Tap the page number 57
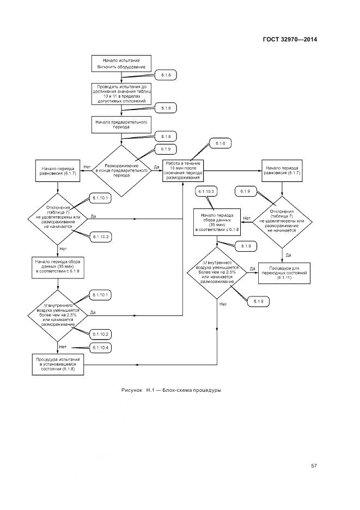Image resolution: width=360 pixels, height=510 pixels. [x=314, y=465]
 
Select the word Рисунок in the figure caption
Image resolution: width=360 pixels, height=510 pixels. [x=133, y=390]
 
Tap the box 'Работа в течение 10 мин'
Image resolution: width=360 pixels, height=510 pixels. [x=183, y=170]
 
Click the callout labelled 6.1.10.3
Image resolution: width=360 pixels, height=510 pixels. [x=207, y=191]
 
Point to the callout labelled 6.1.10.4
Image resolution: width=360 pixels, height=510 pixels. [x=100, y=348]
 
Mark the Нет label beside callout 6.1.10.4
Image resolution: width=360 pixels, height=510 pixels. [x=62, y=347]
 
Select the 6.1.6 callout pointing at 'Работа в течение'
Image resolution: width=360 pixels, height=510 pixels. [x=220, y=144]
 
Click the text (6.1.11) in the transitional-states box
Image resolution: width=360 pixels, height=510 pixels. [x=284, y=278]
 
